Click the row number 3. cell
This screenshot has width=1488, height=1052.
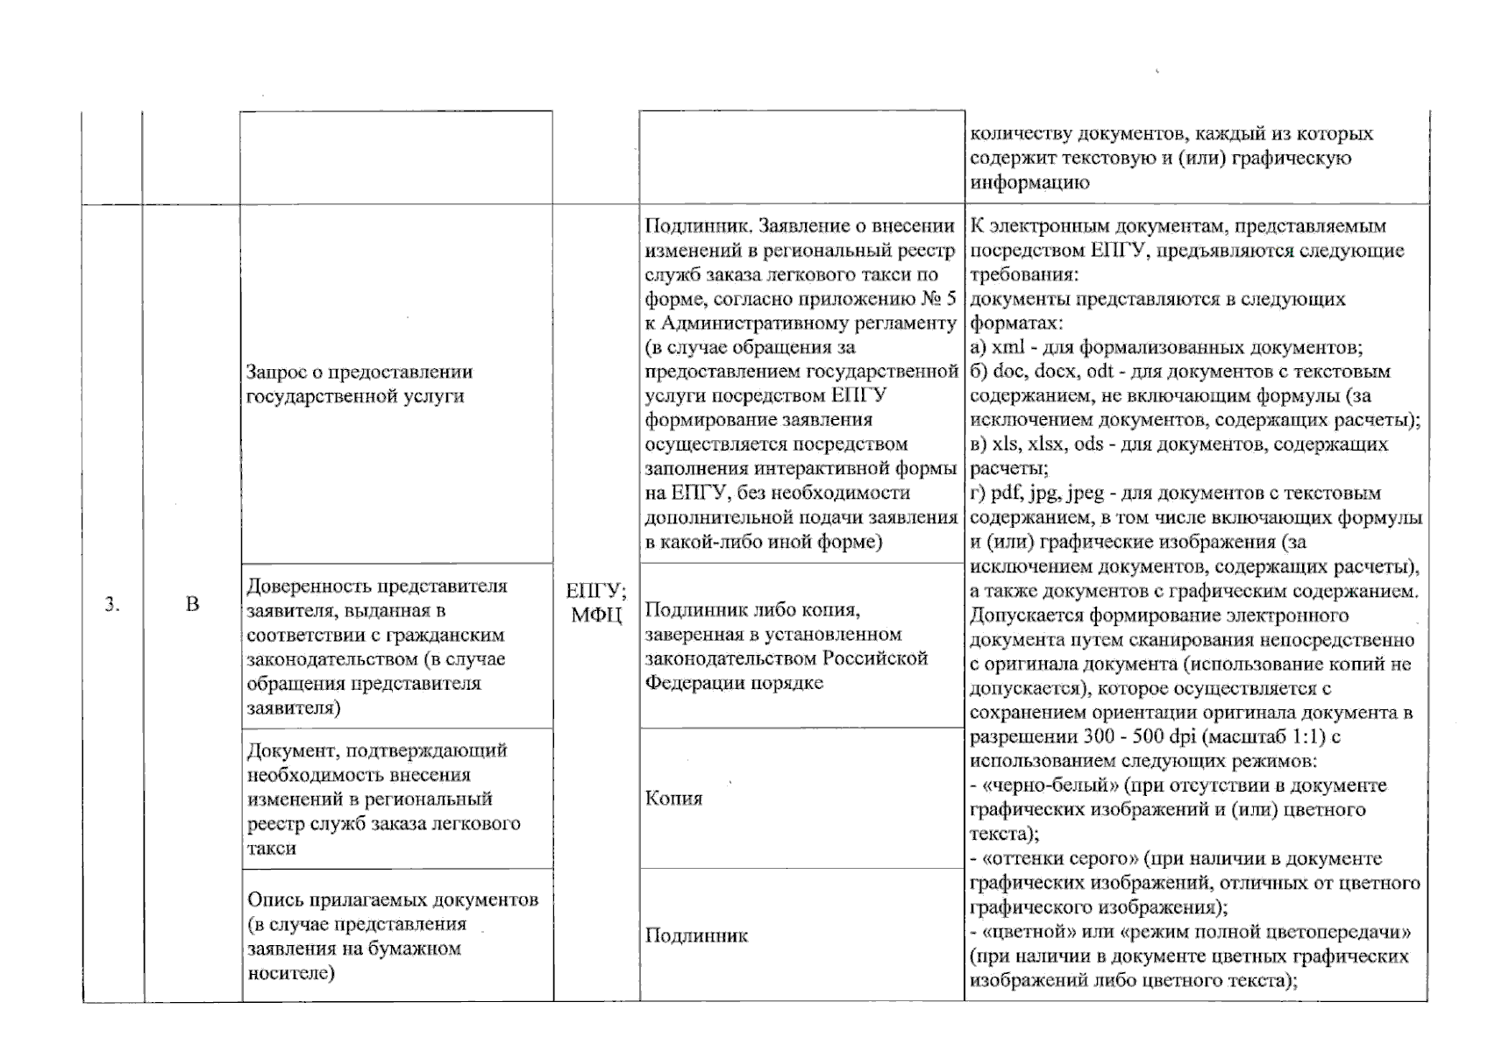pos(112,604)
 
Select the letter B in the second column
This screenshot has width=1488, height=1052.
pos(192,604)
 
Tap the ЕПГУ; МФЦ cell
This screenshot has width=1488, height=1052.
pos(596,603)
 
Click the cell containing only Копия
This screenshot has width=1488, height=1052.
pos(673,799)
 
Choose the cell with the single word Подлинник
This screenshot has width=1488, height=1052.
pos(696,935)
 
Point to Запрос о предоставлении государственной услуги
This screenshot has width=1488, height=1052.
pos(360,384)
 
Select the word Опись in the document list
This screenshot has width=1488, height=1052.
pos(274,900)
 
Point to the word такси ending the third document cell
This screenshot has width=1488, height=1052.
pos(271,849)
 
